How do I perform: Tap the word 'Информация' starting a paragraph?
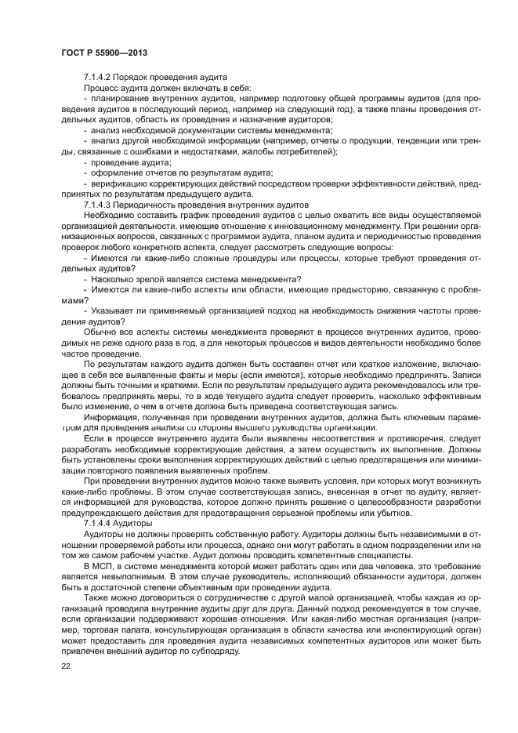coord(107,418)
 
